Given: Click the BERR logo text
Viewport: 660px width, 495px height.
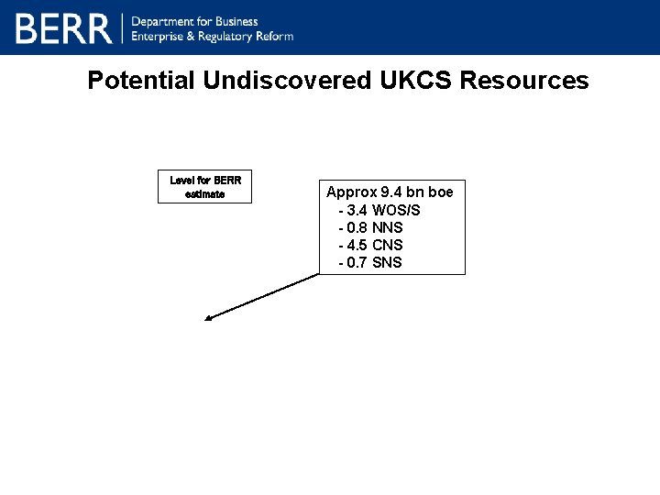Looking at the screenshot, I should (x=63, y=28).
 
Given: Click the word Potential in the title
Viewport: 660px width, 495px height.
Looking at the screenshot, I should (x=141, y=81).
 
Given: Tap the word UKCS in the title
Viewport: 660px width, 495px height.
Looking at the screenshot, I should (x=416, y=81).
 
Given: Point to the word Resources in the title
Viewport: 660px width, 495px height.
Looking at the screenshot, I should (x=524, y=81).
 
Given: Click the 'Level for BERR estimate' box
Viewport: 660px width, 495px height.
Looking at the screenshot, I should (x=204, y=187).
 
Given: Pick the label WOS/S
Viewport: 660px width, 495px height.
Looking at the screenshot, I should (x=397, y=210).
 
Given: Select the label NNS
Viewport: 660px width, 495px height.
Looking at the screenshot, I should (x=388, y=227).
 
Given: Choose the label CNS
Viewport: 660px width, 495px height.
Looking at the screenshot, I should (x=388, y=245).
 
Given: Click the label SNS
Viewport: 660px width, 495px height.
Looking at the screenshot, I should (x=387, y=262).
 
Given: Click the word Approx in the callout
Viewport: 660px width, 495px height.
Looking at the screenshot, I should (x=351, y=192).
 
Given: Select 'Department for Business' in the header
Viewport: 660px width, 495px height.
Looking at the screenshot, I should (x=195, y=21).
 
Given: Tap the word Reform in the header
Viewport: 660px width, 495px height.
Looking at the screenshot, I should (x=274, y=36).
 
